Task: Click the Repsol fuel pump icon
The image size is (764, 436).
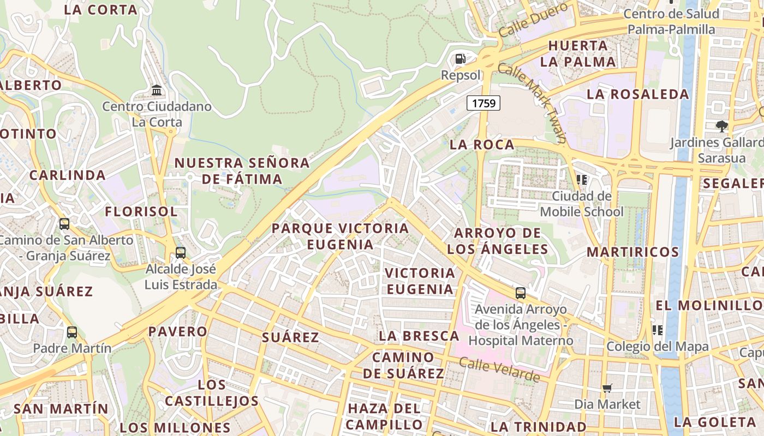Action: click(461, 58)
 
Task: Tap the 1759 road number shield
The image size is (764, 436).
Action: click(484, 102)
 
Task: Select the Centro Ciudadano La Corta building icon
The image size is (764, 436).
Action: click(157, 90)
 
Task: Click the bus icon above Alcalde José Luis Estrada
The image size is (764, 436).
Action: click(180, 253)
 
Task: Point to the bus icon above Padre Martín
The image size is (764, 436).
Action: click(71, 332)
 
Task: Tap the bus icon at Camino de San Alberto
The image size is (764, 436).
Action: click(64, 223)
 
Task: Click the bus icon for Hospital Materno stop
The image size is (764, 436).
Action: click(521, 293)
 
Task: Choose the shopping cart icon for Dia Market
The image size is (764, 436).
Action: click(607, 388)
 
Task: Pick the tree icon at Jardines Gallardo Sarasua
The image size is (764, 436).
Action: click(722, 126)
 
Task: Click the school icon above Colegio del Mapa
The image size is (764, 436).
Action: click(658, 330)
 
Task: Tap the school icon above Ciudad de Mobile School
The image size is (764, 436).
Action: click(581, 179)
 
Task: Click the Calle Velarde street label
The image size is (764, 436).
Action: click(499, 370)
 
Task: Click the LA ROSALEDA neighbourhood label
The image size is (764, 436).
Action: click(638, 94)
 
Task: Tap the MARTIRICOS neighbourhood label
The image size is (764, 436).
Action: click(633, 252)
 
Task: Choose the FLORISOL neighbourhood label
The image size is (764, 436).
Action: click(141, 211)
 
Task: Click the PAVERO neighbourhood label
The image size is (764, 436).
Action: click(178, 331)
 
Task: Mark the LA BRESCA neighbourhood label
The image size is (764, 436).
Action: click(419, 336)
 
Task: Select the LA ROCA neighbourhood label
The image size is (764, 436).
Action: click(482, 144)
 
